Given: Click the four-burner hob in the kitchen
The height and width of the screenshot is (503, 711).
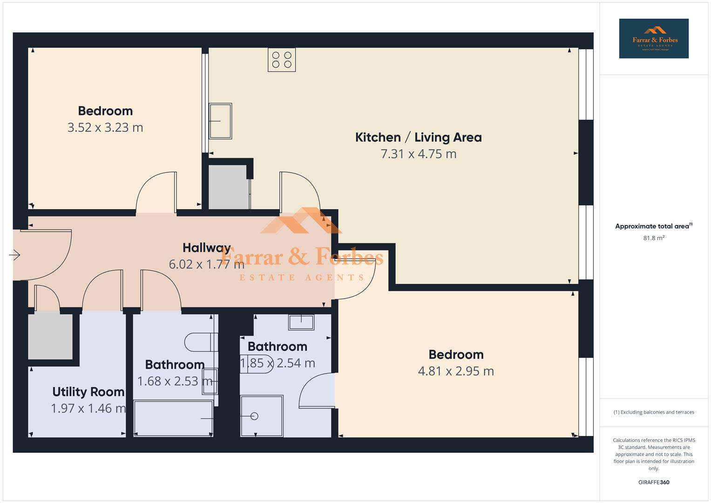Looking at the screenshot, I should click(282, 60).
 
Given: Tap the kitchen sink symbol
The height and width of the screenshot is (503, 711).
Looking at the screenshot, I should click(220, 121).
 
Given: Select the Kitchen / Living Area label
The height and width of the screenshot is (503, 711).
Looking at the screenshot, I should click(418, 137).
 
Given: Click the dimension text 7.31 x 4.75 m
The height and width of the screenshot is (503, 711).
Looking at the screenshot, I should click(418, 154).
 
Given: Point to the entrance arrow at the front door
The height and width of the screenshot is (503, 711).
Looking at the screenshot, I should click(14, 255).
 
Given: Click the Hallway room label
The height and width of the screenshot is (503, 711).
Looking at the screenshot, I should click(206, 247).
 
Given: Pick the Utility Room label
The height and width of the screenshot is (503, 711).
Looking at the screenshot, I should click(88, 392).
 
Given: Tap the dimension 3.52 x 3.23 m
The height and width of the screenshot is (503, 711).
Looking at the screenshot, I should click(105, 127).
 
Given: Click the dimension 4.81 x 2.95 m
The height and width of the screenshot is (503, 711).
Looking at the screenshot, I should click(456, 371).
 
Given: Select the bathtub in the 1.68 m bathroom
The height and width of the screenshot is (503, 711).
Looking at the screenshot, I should click(173, 418).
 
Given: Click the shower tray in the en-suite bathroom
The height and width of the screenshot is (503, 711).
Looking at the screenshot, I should click(262, 416).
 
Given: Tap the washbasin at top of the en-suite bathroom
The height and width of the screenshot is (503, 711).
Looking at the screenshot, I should click(301, 322).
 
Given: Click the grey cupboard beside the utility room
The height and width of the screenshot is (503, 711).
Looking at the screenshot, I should click(50, 336).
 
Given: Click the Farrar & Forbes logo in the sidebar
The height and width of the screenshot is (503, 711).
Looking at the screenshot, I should click(654, 39).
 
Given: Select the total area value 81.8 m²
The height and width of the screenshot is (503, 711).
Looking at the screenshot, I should click(654, 238).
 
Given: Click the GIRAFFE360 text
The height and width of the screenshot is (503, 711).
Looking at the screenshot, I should click(654, 482).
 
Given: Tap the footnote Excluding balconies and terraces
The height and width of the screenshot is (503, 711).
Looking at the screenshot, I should click(654, 412).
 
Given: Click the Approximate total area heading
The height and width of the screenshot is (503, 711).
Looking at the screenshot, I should click(653, 226).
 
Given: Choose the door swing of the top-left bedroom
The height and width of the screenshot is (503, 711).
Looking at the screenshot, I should click(156, 192).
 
